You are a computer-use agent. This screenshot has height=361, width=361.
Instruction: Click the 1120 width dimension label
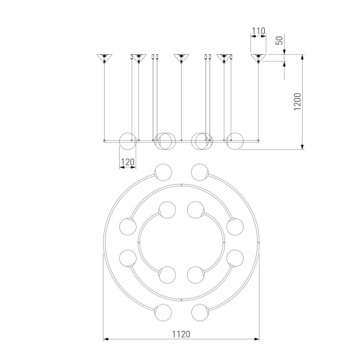[181, 334]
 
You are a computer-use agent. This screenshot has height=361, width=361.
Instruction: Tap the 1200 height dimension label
[297, 102]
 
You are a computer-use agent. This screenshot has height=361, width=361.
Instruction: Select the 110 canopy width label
[259, 31]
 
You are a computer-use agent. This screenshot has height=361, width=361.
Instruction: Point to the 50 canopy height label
[279, 40]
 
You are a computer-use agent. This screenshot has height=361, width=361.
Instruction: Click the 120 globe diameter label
[128, 162]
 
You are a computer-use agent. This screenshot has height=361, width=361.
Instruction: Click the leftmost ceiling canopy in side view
[104, 58]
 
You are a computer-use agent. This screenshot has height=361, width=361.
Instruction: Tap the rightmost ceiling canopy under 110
[258, 58]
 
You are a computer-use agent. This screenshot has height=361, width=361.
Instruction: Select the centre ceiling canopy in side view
[182, 58]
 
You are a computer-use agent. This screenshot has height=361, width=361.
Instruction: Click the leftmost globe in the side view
[128, 141]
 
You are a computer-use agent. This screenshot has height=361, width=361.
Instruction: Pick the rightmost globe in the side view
[235, 141]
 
